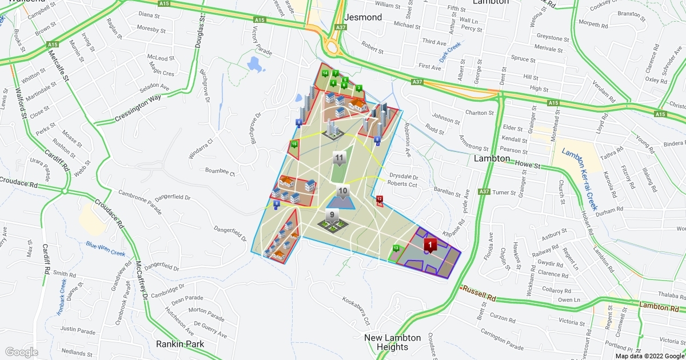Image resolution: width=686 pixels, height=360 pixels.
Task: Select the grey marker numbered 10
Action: tap(343, 192)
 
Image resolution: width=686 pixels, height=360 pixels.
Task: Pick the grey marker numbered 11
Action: tap(340, 158)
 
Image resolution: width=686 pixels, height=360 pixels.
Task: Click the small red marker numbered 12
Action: tap(379, 199)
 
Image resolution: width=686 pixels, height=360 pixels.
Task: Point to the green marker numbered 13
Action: tap(396, 248)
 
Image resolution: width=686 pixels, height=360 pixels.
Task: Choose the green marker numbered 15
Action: tap(294, 144)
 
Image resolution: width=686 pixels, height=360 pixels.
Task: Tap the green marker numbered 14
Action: tap(325, 73)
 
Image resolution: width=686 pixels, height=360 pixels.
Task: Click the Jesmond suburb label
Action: tap(364, 17)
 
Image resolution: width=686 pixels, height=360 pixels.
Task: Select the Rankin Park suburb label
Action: tap(180, 344)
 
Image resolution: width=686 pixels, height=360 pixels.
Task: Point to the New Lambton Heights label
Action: tap(393, 342)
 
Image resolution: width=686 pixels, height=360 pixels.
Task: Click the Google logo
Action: tap(21, 352)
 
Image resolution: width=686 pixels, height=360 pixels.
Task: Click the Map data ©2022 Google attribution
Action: tap(649, 356)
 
